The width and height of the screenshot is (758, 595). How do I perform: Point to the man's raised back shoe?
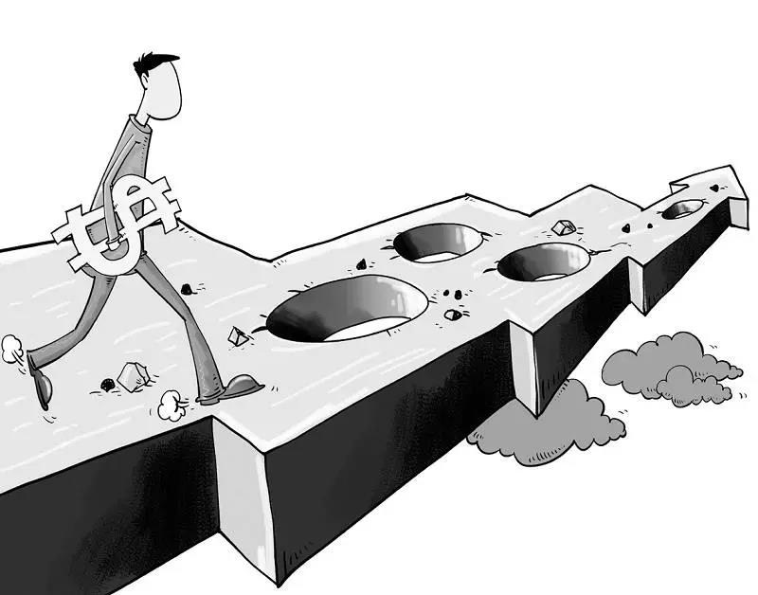point(38,380)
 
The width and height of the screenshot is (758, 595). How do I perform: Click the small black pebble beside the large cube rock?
point(107,384)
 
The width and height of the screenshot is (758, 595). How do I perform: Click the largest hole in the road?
point(346,309)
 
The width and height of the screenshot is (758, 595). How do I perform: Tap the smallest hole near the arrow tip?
point(682,210)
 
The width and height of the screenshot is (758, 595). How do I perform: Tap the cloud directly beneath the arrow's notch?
point(550,422)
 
